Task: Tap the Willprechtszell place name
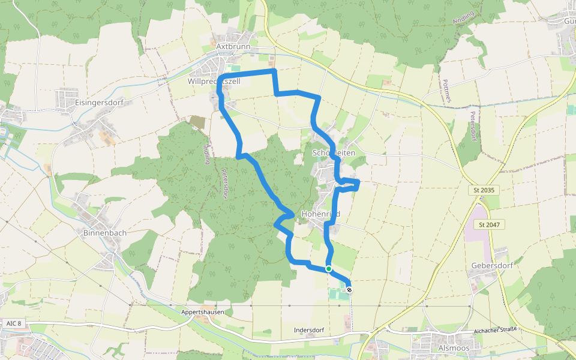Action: point(214,81)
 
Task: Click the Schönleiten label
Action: point(334,153)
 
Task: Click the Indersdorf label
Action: point(309,331)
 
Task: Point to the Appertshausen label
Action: point(203,313)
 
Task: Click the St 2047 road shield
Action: point(490,224)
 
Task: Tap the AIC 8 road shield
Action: point(13,323)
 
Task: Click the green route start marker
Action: point(329,268)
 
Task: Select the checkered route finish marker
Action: point(349,290)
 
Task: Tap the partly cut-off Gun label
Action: point(569,20)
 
